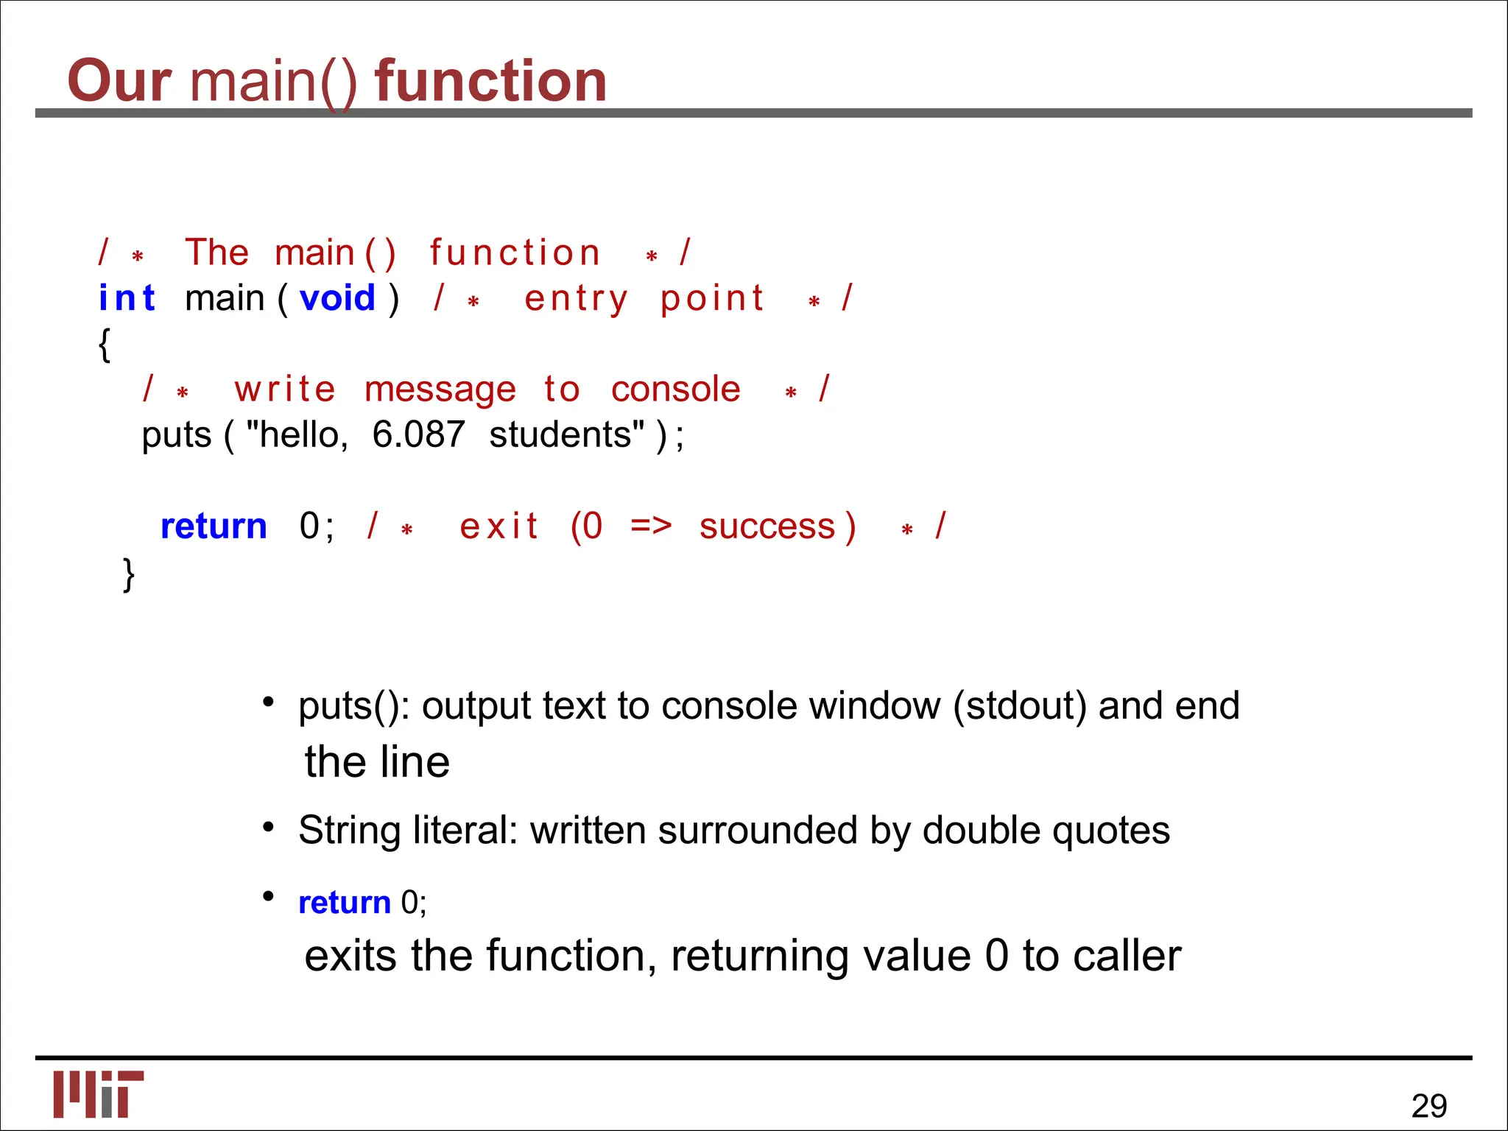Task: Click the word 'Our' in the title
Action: [x=119, y=81]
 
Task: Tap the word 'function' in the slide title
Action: [x=490, y=81]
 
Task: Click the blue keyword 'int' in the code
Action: [x=127, y=299]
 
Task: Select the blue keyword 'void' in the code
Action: [x=337, y=299]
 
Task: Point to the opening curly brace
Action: [x=105, y=345]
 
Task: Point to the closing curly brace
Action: [x=129, y=574]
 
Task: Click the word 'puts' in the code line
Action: [x=176, y=435]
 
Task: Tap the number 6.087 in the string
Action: [x=418, y=434]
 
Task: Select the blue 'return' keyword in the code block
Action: [x=214, y=526]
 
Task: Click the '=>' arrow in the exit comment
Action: [x=651, y=526]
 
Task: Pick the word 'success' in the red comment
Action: [x=767, y=527]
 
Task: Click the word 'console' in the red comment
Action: [x=675, y=390]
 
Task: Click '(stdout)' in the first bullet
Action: [x=1019, y=706]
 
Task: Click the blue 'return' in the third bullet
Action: [x=344, y=903]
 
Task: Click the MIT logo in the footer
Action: [x=99, y=1093]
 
